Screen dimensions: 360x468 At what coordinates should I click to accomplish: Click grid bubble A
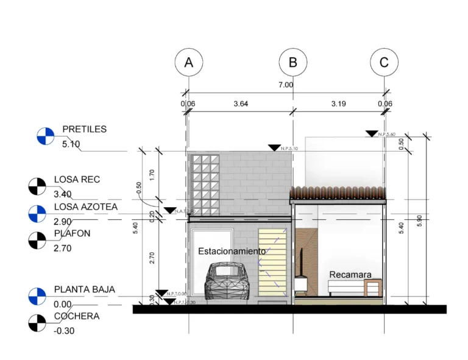[x=188, y=62]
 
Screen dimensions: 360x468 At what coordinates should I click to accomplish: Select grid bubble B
[x=293, y=62]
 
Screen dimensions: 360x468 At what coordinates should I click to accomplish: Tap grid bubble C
[x=384, y=62]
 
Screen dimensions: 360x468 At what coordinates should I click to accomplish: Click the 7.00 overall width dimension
[x=286, y=85]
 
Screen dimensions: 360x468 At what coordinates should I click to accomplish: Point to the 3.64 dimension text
[x=241, y=104]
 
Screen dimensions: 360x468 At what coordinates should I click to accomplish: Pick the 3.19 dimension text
[x=338, y=104]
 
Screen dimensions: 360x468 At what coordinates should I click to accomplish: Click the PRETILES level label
[x=84, y=129]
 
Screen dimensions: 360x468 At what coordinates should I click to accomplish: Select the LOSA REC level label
[x=77, y=180]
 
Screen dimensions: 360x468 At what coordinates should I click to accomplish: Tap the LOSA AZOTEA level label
[x=85, y=207]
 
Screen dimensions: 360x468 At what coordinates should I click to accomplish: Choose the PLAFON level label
[x=72, y=233]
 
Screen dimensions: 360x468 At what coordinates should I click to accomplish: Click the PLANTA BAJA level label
[x=84, y=289]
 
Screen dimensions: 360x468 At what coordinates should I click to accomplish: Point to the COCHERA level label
[x=76, y=316]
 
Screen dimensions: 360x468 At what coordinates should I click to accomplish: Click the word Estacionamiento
[x=232, y=251]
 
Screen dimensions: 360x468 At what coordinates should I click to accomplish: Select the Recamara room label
[x=350, y=275]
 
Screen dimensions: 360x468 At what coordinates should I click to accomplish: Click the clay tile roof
[x=338, y=192]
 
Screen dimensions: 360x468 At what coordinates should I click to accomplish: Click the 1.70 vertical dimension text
[x=152, y=175]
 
